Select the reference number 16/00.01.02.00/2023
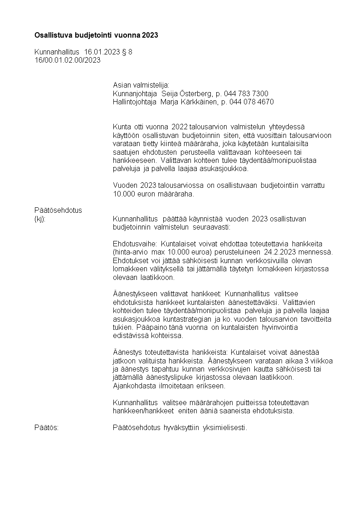tap(68, 60)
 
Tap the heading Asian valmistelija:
tap(141, 85)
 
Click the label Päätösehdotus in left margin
tap(58, 210)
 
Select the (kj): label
tap(40, 219)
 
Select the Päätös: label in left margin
tap(46, 428)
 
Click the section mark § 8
tap(127, 52)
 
